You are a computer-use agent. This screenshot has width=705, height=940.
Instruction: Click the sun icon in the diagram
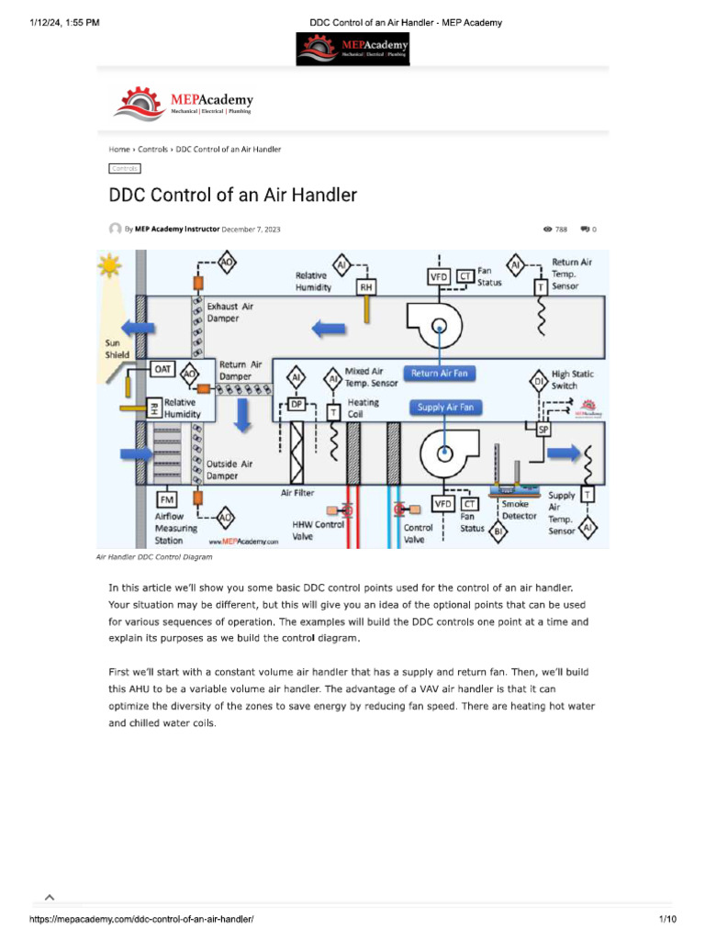click(x=111, y=266)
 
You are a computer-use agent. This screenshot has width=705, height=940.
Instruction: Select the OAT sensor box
click(x=162, y=368)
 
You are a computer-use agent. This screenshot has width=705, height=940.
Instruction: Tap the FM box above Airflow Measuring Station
click(x=167, y=499)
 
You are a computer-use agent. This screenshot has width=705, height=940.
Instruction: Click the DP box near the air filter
click(x=297, y=403)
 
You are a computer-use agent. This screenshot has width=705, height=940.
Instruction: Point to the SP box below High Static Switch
click(x=543, y=429)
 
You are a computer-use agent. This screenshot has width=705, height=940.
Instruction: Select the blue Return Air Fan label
click(x=439, y=374)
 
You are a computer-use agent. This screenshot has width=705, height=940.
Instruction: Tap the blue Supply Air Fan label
click(x=443, y=407)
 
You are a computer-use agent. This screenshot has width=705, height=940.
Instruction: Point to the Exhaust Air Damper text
click(x=236, y=312)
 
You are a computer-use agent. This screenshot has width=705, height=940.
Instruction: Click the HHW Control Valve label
click(x=318, y=530)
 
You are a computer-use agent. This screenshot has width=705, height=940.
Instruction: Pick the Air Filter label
click(x=297, y=493)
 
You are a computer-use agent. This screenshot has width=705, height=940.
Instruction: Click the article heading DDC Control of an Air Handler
click(x=233, y=195)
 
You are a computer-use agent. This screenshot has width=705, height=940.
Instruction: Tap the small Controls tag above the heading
click(x=124, y=168)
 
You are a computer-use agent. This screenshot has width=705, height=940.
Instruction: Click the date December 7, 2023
click(x=251, y=229)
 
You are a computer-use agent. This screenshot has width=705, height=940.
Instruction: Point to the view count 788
click(x=561, y=229)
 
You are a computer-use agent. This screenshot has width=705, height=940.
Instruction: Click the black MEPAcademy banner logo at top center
click(x=352, y=49)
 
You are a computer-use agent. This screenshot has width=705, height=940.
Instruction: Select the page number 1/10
click(x=667, y=919)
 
